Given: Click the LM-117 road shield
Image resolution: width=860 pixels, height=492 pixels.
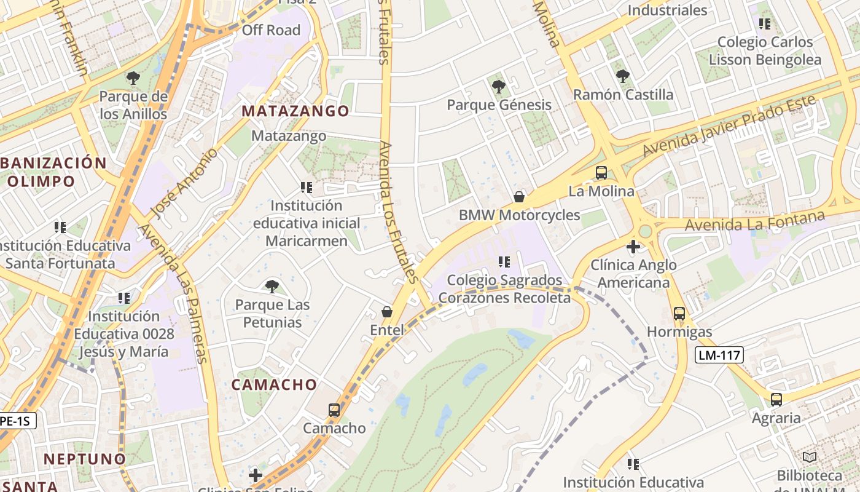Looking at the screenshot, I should [x=719, y=355].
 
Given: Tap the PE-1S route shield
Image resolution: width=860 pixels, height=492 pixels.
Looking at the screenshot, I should [x=17, y=421].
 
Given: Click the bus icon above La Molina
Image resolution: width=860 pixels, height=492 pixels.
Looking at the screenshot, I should [x=601, y=173].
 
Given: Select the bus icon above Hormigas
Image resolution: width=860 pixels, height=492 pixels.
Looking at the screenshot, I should [x=679, y=313].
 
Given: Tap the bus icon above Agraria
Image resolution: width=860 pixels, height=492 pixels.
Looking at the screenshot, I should [x=776, y=400].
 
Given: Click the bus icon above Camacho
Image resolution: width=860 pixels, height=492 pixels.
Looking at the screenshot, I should [x=334, y=410].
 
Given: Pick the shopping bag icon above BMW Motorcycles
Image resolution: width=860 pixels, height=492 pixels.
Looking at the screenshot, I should [x=519, y=197].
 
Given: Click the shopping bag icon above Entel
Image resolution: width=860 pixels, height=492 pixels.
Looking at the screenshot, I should [x=387, y=312].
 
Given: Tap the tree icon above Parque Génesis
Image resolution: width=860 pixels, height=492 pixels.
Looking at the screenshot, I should [x=499, y=86].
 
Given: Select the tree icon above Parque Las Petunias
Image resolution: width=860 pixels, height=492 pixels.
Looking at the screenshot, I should [x=272, y=286].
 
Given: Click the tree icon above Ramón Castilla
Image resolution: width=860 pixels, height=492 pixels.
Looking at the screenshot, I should [x=623, y=76].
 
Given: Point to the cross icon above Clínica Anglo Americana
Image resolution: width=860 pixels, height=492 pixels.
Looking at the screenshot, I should [x=633, y=247].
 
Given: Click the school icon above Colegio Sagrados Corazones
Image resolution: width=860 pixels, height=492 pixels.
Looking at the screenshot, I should [x=504, y=262].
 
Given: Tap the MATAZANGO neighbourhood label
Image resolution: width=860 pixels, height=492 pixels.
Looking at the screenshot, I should [x=295, y=111].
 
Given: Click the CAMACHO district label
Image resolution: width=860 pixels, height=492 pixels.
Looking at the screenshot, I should [x=275, y=385].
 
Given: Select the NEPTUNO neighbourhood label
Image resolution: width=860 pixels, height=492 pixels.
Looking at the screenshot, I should [x=85, y=459].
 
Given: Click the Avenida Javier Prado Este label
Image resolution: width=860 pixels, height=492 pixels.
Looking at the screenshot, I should [x=729, y=125].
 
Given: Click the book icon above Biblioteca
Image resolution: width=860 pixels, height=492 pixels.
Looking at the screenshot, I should [x=810, y=458].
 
